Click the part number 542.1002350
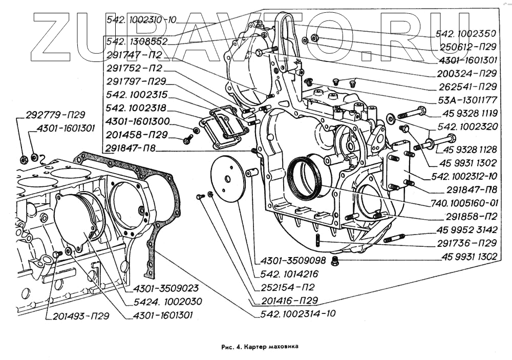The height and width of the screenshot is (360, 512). [465, 34]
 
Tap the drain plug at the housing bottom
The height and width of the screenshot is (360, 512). [336, 261]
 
